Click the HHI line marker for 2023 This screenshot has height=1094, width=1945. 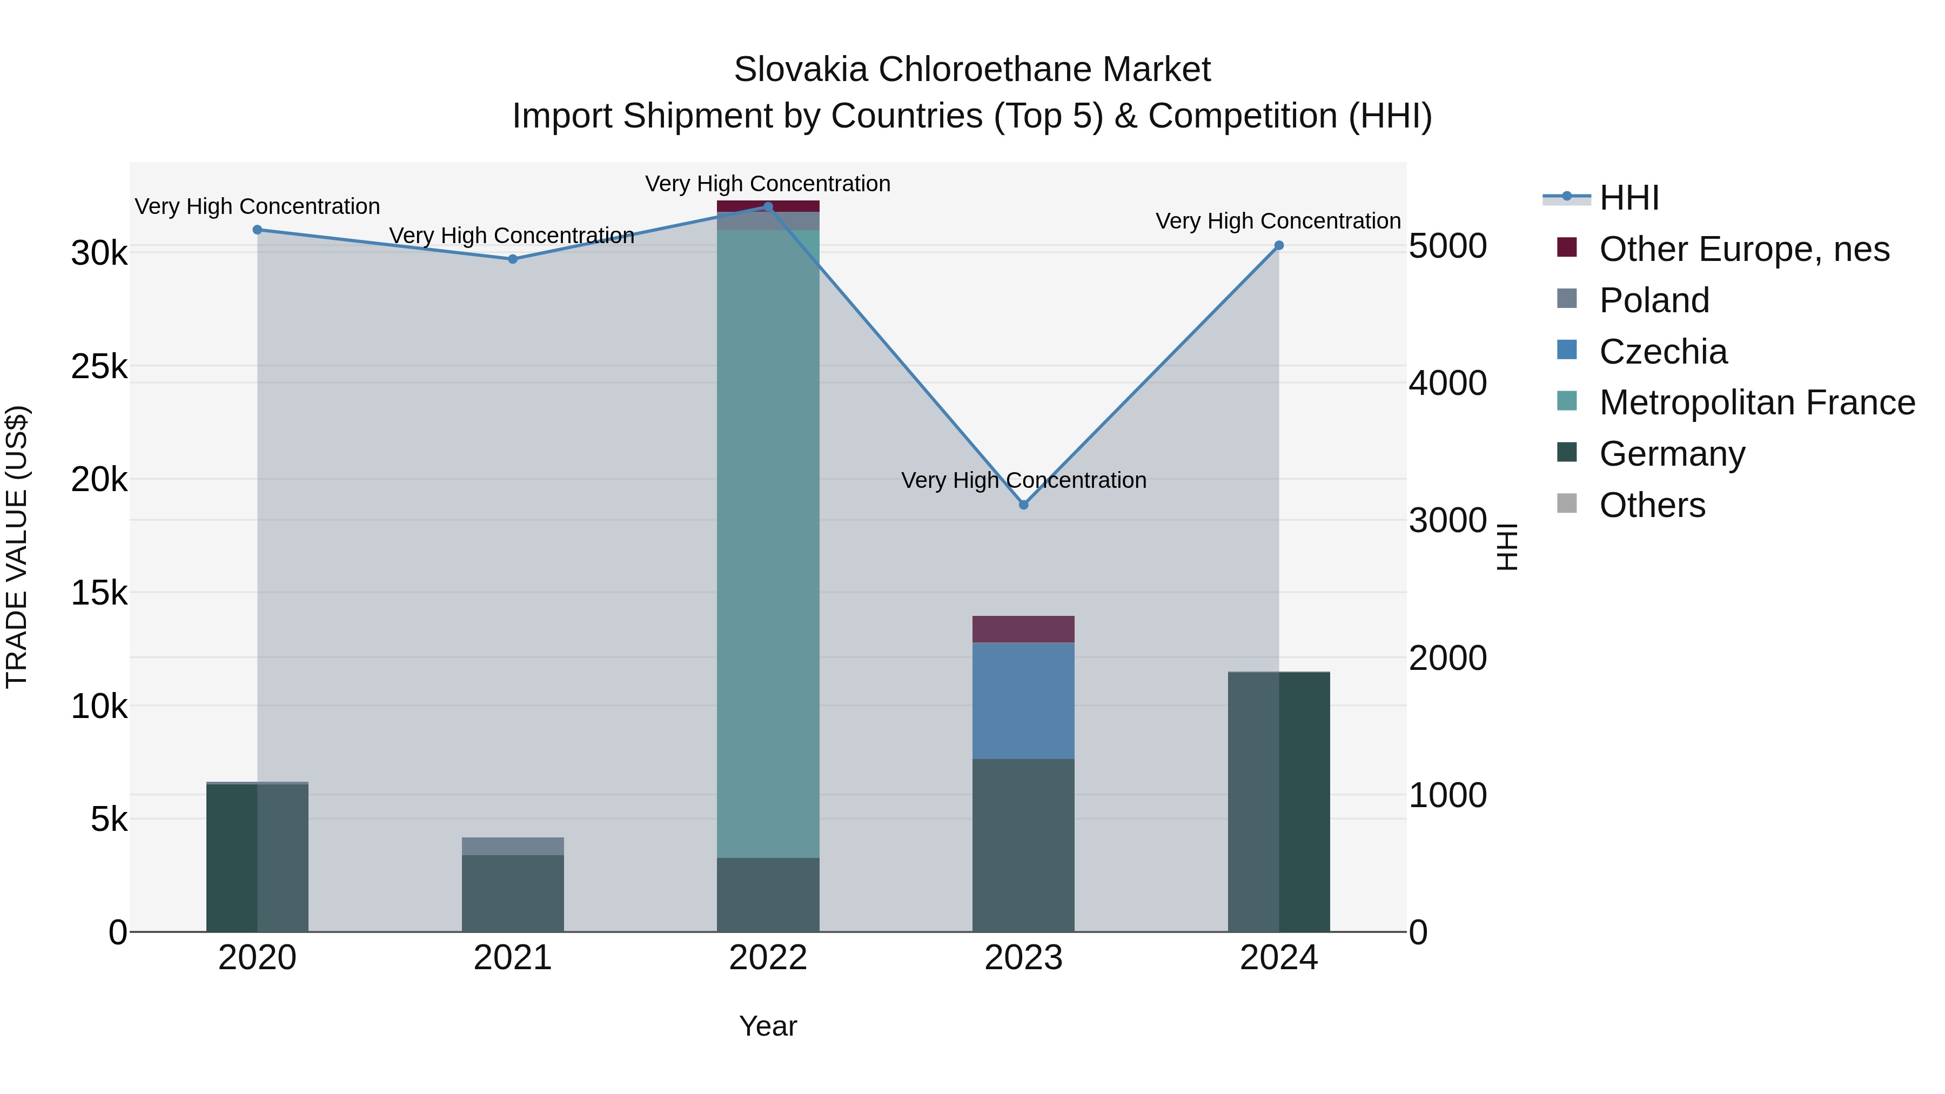pos(1023,505)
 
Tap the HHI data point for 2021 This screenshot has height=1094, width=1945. pos(513,259)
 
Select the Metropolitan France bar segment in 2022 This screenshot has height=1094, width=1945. pos(768,543)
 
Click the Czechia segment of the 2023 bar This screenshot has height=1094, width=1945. pos(1023,701)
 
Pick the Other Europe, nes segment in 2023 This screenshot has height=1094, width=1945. pos(1023,629)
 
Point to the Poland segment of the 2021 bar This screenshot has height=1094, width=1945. pos(513,847)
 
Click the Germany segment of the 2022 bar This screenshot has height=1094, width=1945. pos(768,895)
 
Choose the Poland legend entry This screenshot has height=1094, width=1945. pos(1654,300)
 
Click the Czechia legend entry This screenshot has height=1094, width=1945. pos(1662,352)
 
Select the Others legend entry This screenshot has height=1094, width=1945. pos(1652,505)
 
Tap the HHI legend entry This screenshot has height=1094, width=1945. pos(1628,198)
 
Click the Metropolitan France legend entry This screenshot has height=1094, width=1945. pos(1756,402)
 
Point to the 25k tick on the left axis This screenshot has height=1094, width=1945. pos(99,367)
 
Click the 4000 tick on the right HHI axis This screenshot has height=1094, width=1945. pos(1447,383)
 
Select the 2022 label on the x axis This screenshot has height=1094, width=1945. pos(768,958)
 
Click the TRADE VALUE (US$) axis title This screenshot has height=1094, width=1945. pos(17,547)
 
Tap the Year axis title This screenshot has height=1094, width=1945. pos(768,1026)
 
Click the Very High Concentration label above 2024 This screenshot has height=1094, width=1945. pos(1278,221)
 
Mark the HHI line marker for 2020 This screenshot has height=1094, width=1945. pos(258,230)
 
